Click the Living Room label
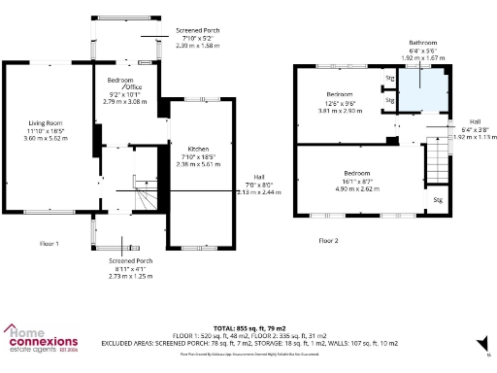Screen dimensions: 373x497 click(x=46, y=123)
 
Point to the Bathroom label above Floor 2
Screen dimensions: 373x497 click(x=422, y=43)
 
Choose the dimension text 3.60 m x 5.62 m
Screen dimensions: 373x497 click(x=46, y=139)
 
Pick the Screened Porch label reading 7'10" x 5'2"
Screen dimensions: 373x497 click(x=197, y=31)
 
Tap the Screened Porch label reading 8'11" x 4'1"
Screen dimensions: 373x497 click(x=130, y=261)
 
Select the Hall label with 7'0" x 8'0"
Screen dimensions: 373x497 click(x=258, y=178)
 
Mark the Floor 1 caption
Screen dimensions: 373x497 click(x=50, y=243)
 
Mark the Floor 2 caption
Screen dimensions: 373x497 click(x=329, y=239)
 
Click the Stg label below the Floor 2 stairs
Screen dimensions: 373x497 click(x=437, y=201)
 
